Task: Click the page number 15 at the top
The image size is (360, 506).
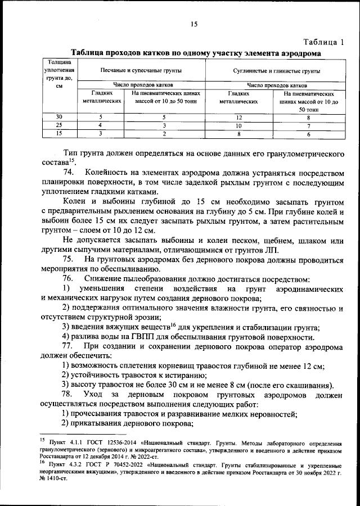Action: (x=194, y=24)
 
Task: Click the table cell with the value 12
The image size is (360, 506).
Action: (x=238, y=117)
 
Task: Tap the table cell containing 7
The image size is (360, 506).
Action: (x=308, y=125)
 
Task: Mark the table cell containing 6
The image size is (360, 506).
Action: (x=308, y=134)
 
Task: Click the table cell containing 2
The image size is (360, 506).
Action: (x=164, y=134)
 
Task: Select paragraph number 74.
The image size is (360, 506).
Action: (x=69, y=171)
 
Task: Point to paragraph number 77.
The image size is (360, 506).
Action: (x=69, y=345)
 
